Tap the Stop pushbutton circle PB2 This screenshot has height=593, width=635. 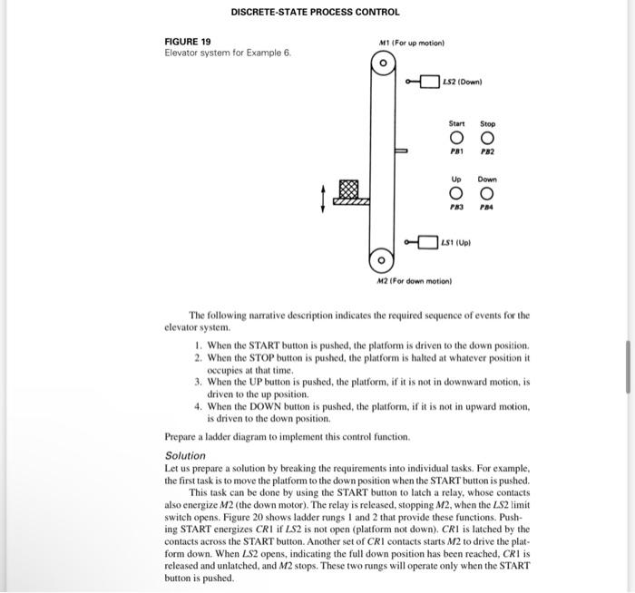[x=487, y=139]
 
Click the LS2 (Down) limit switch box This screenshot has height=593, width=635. [x=428, y=83]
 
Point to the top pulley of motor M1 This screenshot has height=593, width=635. [x=383, y=64]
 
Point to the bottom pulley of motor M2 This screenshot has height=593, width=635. [x=383, y=260]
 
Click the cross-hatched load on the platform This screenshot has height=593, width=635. [x=348, y=190]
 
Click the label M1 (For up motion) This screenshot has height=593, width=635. [x=409, y=43]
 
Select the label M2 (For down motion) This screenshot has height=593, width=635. [x=414, y=281]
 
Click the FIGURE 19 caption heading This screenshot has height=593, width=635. [x=187, y=42]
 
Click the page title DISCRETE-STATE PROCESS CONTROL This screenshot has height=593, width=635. [x=315, y=13]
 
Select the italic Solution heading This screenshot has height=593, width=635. [x=185, y=455]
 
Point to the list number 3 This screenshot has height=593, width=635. [x=198, y=384]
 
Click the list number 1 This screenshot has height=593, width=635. [x=198, y=346]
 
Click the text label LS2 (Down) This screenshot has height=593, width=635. [x=464, y=83]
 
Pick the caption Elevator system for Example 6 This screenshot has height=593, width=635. [x=228, y=53]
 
